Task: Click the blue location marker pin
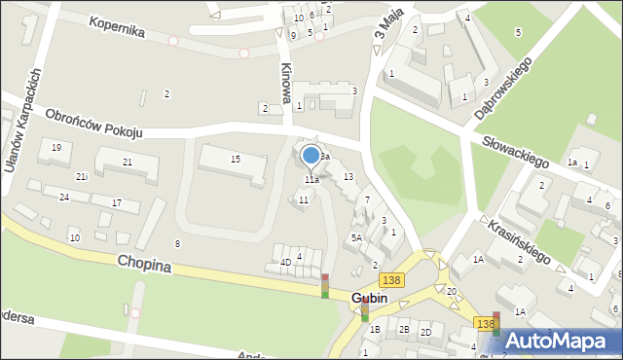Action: [x=311, y=156]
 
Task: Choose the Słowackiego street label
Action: [x=516, y=150]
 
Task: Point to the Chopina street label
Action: [x=143, y=264]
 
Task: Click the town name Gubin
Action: [x=383, y=298]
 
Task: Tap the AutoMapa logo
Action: [x=566, y=341]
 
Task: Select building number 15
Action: [x=235, y=159]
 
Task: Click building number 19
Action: [x=57, y=147]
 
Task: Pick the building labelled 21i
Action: [x=82, y=176]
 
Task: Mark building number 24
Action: [x=63, y=197]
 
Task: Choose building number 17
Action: [x=117, y=202]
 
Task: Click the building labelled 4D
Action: [x=285, y=262]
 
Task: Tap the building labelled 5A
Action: [x=357, y=237]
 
